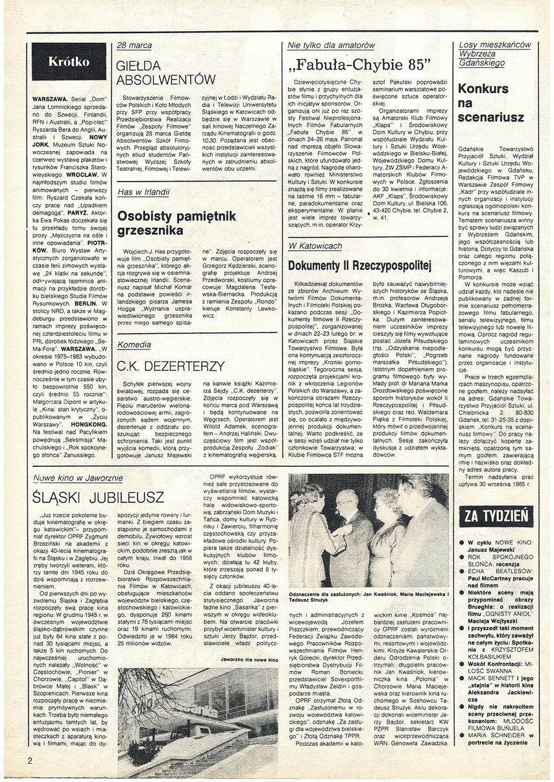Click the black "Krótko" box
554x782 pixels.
pos(69,62)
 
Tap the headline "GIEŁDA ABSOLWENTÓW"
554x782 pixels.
pos(165,73)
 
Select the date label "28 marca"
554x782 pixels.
pos(134,45)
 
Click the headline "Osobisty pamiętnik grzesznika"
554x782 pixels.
pos(176,223)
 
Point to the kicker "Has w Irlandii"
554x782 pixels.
pos(143,192)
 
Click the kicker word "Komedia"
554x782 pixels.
pos(134,346)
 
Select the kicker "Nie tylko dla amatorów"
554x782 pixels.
pos(331,45)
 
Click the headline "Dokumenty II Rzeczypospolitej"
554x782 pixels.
pos(359,265)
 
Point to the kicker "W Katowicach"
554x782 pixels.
pos(315,246)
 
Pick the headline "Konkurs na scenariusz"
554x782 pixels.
pos(483,103)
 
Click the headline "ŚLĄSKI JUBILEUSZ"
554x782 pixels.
pos(99,498)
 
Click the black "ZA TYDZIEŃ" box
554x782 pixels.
pos(496,517)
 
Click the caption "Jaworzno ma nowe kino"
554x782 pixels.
pos(248,659)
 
